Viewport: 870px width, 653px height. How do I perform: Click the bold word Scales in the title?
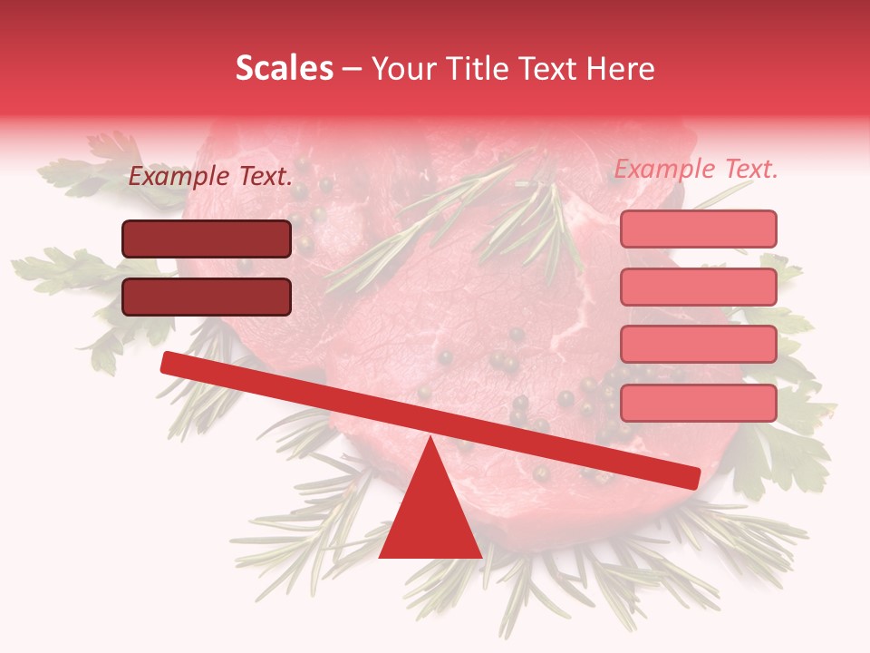[284, 68]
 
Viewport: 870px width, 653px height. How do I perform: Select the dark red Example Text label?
[210, 177]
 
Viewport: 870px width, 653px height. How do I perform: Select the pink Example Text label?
[696, 169]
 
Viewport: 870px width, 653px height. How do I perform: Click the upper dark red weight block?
[207, 239]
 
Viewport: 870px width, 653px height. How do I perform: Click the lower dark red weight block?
[207, 297]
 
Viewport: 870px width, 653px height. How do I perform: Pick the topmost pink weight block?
[698, 229]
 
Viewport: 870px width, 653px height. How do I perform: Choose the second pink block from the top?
[698, 287]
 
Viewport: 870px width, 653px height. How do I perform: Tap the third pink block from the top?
[698, 345]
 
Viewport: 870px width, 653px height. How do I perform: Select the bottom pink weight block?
[698, 403]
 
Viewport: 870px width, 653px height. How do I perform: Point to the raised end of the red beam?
[169, 362]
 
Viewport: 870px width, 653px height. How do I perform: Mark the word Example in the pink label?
[663, 169]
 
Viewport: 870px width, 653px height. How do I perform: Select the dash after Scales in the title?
[353, 69]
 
